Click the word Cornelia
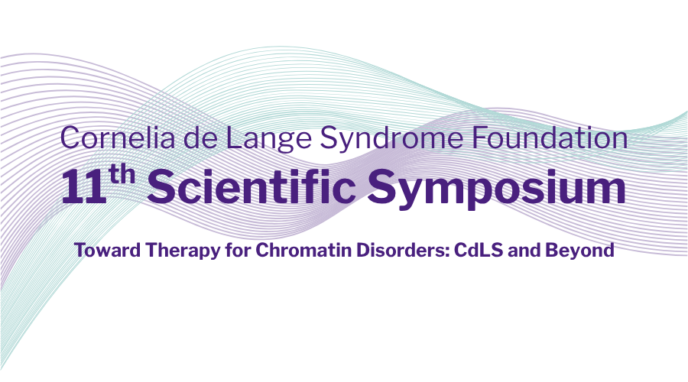coord(117,138)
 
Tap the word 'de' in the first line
coord(200,138)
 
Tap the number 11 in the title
coord(84,188)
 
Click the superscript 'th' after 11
coord(122,174)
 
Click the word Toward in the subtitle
coord(108,250)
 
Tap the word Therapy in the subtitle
coord(183,251)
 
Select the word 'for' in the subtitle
coord(238,250)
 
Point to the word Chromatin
coord(303,250)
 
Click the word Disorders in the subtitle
coord(399,250)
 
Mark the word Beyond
coord(579,251)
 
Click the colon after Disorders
coord(446,253)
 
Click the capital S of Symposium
coord(381,188)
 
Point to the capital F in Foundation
coord(480,138)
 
